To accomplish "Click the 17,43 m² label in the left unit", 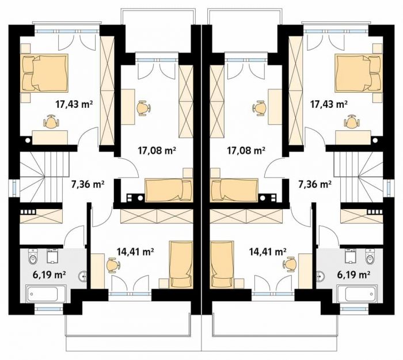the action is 74,104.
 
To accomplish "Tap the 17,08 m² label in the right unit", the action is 246,150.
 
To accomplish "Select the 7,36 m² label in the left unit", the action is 88,184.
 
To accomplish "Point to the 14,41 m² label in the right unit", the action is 268,252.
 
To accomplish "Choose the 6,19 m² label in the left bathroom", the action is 49,275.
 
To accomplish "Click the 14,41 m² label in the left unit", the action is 135,252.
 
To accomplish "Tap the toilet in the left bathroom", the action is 33,257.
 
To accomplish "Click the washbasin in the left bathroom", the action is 83,276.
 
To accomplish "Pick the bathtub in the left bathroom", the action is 45,293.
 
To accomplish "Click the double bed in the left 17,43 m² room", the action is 45,73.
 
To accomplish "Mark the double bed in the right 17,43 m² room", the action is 358,73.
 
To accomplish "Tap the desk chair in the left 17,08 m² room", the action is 143,108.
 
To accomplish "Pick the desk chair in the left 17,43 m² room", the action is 52,122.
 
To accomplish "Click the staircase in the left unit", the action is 44,177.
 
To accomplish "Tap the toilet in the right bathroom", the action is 370,257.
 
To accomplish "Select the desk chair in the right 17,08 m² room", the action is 260,108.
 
